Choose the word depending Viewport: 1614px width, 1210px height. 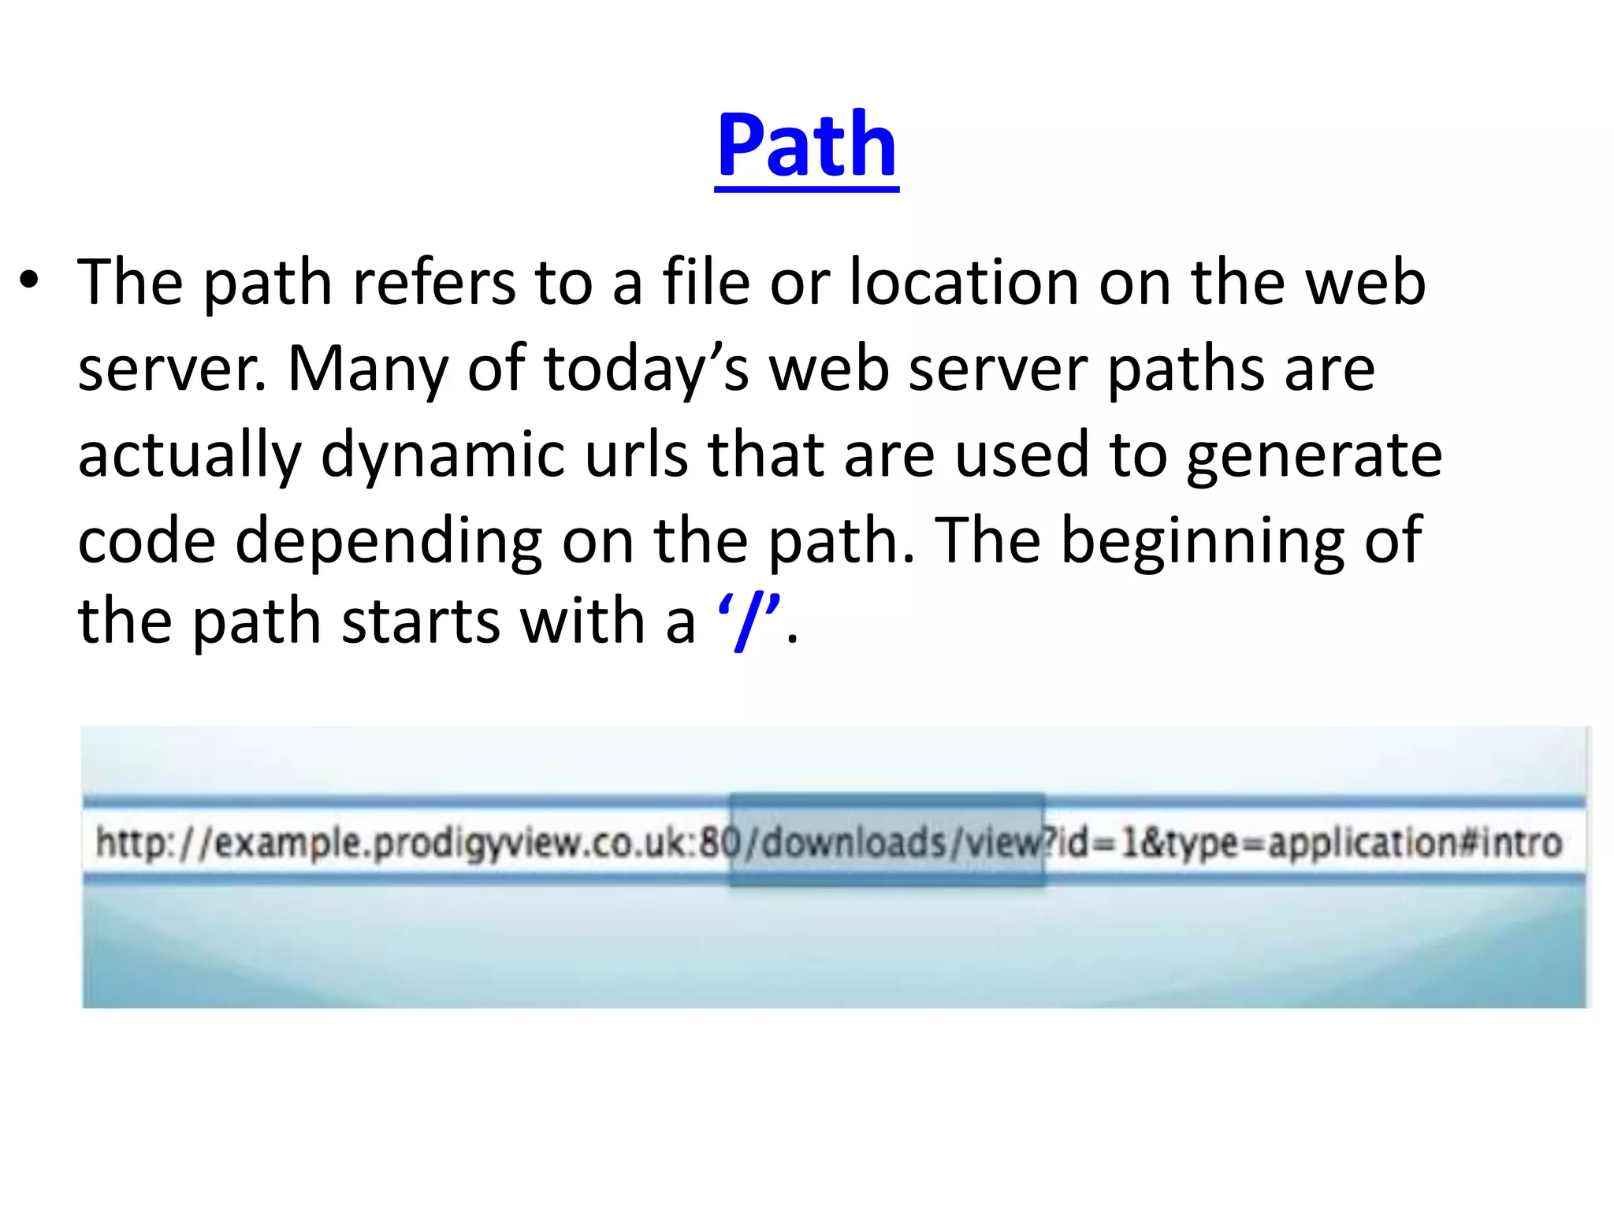[389, 542]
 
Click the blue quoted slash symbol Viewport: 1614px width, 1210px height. [749, 622]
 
